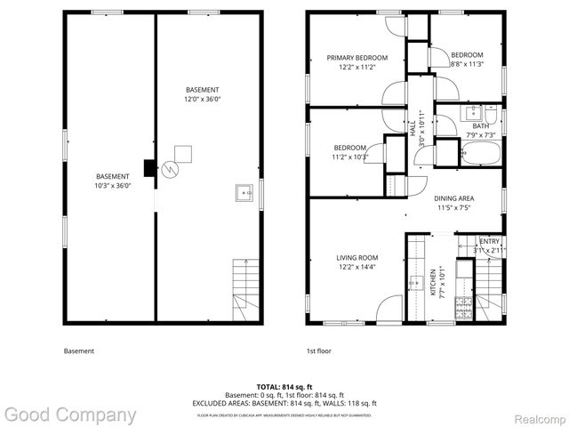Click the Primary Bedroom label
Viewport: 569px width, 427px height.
351,58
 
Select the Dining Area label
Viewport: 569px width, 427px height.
454,198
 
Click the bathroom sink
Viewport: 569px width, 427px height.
474,114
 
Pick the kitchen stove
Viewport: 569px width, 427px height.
461,307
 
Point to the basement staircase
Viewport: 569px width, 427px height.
244,289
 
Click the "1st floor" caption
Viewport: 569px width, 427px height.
318,350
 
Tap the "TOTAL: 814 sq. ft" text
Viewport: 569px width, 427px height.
284,387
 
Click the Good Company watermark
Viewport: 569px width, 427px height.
69,415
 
